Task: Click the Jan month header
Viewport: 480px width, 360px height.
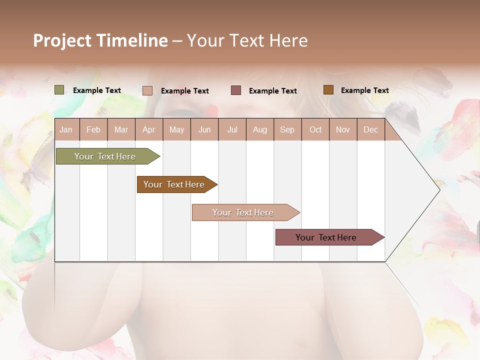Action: click(66, 129)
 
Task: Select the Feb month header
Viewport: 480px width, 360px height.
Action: click(93, 129)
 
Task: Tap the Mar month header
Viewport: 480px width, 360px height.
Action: click(121, 129)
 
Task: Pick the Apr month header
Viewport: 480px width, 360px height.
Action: click(149, 129)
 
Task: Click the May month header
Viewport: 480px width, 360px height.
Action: click(176, 129)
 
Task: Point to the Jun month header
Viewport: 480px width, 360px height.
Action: click(204, 129)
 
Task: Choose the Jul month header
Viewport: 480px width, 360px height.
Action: click(232, 129)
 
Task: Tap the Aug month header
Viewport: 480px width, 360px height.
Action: click(260, 129)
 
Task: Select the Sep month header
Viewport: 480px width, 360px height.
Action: click(287, 129)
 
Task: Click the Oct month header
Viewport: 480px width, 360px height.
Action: click(315, 129)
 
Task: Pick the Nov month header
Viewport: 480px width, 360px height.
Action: click(343, 129)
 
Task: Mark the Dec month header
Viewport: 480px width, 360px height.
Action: click(371, 129)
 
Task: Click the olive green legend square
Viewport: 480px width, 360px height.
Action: click(59, 90)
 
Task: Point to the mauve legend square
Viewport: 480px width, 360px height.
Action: click(236, 90)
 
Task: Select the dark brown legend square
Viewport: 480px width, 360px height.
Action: click(328, 90)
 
